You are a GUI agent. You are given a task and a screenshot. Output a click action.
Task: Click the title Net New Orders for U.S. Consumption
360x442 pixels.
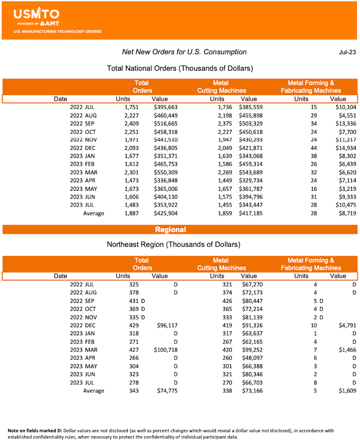[184, 52]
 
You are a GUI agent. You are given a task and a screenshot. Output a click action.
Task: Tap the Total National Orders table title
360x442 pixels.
[180, 69]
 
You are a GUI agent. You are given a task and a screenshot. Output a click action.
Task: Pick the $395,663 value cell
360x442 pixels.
[166, 107]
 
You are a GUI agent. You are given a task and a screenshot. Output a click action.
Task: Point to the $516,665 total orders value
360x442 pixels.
[166, 123]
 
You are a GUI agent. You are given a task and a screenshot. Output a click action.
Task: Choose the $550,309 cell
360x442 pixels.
[166, 173]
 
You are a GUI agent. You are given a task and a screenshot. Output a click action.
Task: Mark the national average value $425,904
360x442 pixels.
[166, 213]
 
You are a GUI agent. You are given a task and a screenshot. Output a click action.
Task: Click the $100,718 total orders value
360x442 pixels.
[166, 350]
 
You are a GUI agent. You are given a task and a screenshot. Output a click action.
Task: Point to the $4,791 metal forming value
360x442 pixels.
[346, 325]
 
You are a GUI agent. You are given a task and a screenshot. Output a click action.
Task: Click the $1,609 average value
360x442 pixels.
[346, 391]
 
